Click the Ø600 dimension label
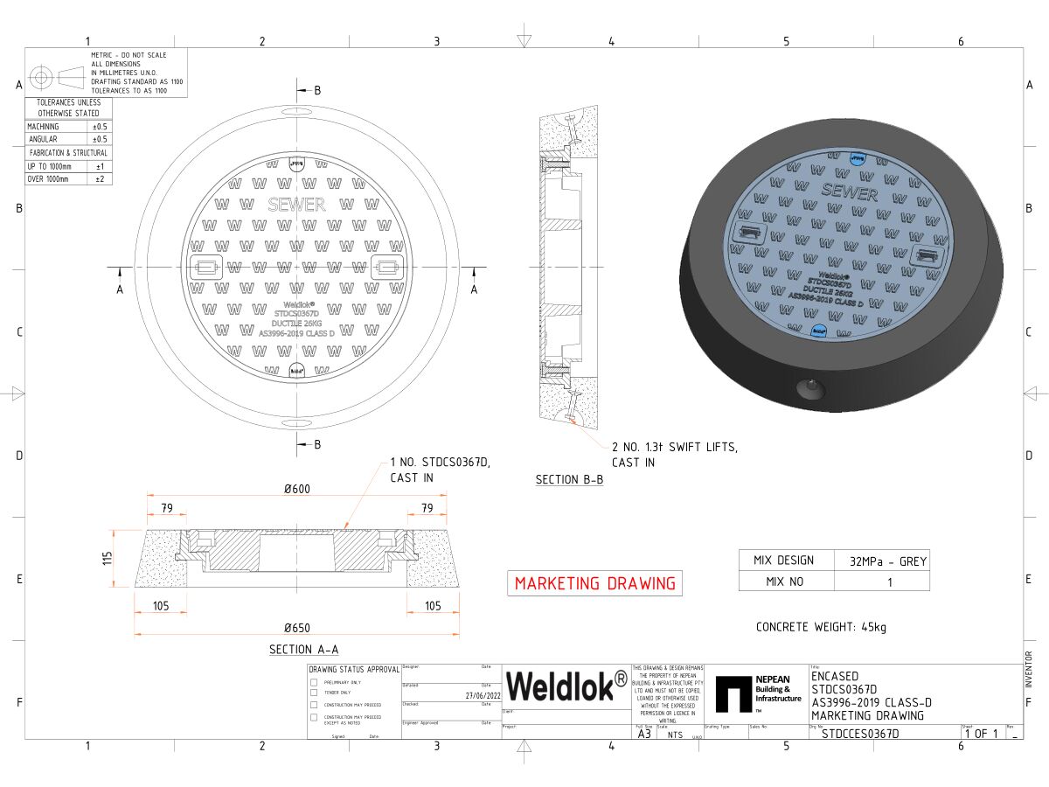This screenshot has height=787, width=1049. click(x=296, y=489)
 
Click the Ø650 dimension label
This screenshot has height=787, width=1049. click(x=296, y=627)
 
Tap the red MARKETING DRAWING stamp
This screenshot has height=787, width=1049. click(x=594, y=583)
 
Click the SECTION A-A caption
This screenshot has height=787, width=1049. click(x=303, y=649)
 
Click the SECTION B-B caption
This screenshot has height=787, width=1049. click(x=569, y=480)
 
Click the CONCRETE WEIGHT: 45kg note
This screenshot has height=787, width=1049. click(x=821, y=627)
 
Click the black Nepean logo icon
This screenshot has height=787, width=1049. click(x=733, y=693)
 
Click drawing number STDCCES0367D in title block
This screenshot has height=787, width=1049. click(x=860, y=734)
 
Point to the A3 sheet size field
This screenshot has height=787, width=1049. click(x=644, y=734)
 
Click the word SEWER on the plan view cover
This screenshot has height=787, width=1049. click(x=296, y=205)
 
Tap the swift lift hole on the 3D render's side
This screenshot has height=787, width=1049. click(x=809, y=387)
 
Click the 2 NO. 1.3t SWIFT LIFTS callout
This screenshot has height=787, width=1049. click(x=674, y=455)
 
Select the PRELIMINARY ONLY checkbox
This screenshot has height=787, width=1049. click(x=314, y=682)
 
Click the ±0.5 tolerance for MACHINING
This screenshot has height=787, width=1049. click(x=100, y=127)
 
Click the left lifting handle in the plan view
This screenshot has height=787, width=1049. click(x=205, y=268)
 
